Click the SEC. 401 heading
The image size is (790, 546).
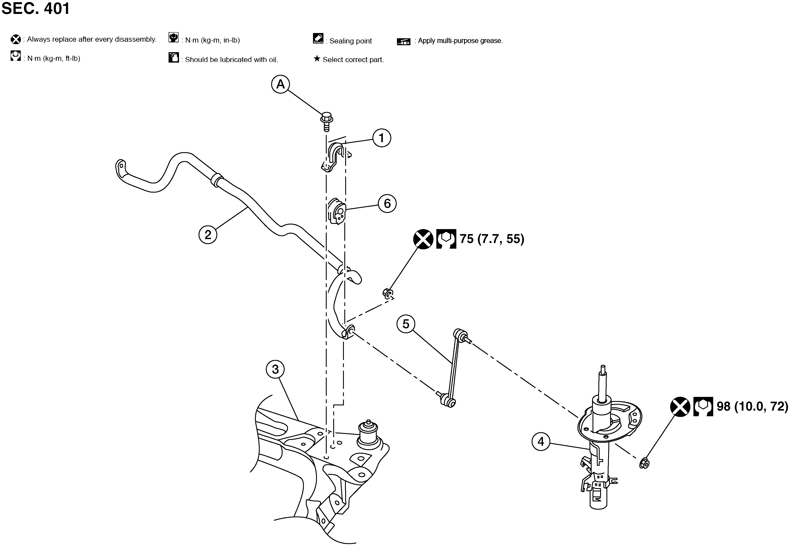tap(36, 8)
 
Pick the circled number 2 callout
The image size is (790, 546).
tap(208, 235)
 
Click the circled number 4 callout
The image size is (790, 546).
tap(541, 442)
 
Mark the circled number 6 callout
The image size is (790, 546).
tap(387, 203)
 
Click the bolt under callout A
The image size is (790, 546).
tap(326, 122)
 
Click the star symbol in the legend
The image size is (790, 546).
tap(317, 59)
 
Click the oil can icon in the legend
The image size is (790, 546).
tap(174, 57)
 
